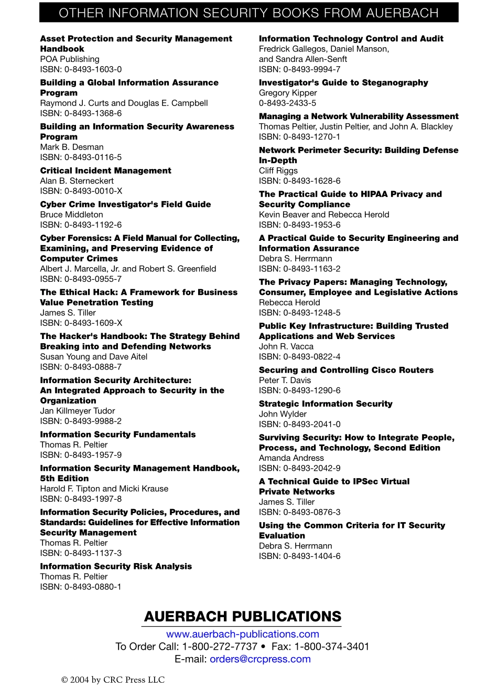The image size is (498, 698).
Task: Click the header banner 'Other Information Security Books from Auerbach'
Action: [x=248, y=13]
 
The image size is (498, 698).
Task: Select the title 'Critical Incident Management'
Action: [x=105, y=171]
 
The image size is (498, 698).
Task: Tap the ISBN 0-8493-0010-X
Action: [x=81, y=191]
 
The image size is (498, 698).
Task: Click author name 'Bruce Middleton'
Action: [x=71, y=215]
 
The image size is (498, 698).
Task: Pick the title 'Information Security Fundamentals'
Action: [x=117, y=435]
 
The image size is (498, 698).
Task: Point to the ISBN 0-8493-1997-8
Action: [x=81, y=499]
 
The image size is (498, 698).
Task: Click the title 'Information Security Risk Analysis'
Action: [x=116, y=566]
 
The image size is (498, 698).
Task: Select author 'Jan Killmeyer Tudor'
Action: [x=77, y=411]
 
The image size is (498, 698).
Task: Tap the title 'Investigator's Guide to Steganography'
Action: [x=343, y=82]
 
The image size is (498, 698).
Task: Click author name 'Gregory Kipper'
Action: [x=287, y=93]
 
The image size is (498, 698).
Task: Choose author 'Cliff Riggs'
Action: [x=278, y=171]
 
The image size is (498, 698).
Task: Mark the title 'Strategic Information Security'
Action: [x=325, y=404]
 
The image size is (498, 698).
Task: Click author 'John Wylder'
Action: [x=283, y=414]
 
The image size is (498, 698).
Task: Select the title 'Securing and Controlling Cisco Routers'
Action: [x=346, y=370]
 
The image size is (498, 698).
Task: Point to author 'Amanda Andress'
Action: [x=291, y=458]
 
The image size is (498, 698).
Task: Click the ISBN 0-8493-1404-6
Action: [x=299, y=556]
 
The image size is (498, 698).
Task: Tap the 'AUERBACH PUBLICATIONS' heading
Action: [x=242, y=617]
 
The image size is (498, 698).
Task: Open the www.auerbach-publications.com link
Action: [x=242, y=634]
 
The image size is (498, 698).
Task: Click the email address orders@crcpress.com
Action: [x=260, y=659]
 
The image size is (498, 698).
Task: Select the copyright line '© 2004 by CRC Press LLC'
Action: [x=113, y=680]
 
